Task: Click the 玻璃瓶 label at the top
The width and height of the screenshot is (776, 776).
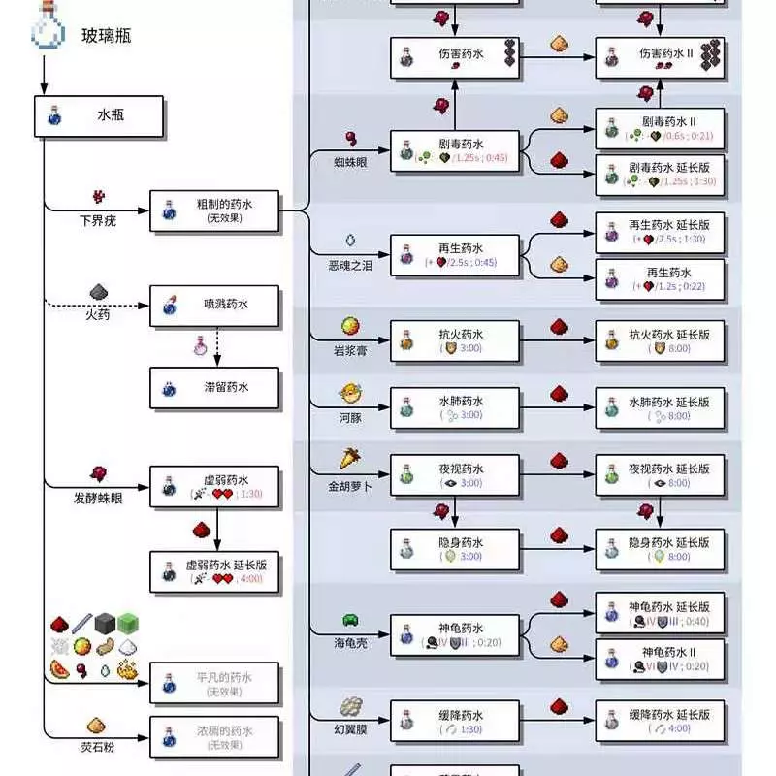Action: [106, 37]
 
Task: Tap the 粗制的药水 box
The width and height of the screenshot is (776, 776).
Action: [214, 210]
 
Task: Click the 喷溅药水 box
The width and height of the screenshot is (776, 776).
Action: [214, 306]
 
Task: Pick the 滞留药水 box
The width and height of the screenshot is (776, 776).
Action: [214, 388]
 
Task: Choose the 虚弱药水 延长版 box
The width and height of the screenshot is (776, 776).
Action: [214, 571]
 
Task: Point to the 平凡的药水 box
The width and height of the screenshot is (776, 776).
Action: [214, 684]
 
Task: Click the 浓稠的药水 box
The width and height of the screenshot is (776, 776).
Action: [214, 737]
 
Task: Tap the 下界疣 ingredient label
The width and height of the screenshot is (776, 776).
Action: [97, 220]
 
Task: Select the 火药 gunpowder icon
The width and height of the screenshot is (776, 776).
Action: [97, 292]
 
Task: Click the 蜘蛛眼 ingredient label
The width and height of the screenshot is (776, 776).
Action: [349, 162]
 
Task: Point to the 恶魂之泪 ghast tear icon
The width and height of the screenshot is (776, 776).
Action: [349, 239]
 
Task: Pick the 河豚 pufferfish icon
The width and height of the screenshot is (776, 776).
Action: [349, 394]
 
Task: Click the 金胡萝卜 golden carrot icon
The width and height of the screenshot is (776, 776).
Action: [349, 458]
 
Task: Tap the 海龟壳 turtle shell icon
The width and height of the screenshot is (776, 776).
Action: [349, 620]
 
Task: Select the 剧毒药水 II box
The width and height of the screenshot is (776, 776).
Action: [660, 128]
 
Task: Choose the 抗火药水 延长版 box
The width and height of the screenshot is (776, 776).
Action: [660, 340]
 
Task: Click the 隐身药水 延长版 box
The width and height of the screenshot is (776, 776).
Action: [660, 549]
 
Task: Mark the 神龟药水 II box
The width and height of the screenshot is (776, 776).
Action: [660, 659]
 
